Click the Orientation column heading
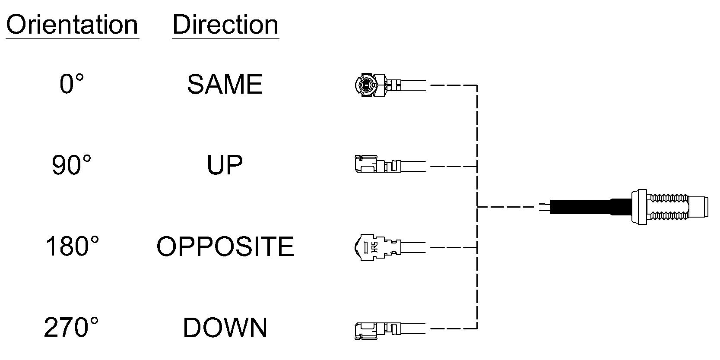72,25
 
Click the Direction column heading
225,25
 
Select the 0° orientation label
72,84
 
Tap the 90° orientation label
71,165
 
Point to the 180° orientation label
72,246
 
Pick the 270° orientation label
71,327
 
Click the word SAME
225,84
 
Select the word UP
225,165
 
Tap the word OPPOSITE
225,246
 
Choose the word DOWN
225,328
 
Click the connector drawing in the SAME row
390,85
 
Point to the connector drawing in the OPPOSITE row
390,247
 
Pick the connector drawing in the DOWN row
390,330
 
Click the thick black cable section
591,207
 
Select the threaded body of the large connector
668,207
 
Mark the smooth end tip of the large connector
698,207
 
